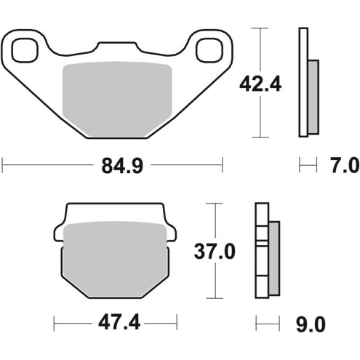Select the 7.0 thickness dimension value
(343, 167)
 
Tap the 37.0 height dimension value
(215, 252)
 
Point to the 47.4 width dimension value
(116, 321)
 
